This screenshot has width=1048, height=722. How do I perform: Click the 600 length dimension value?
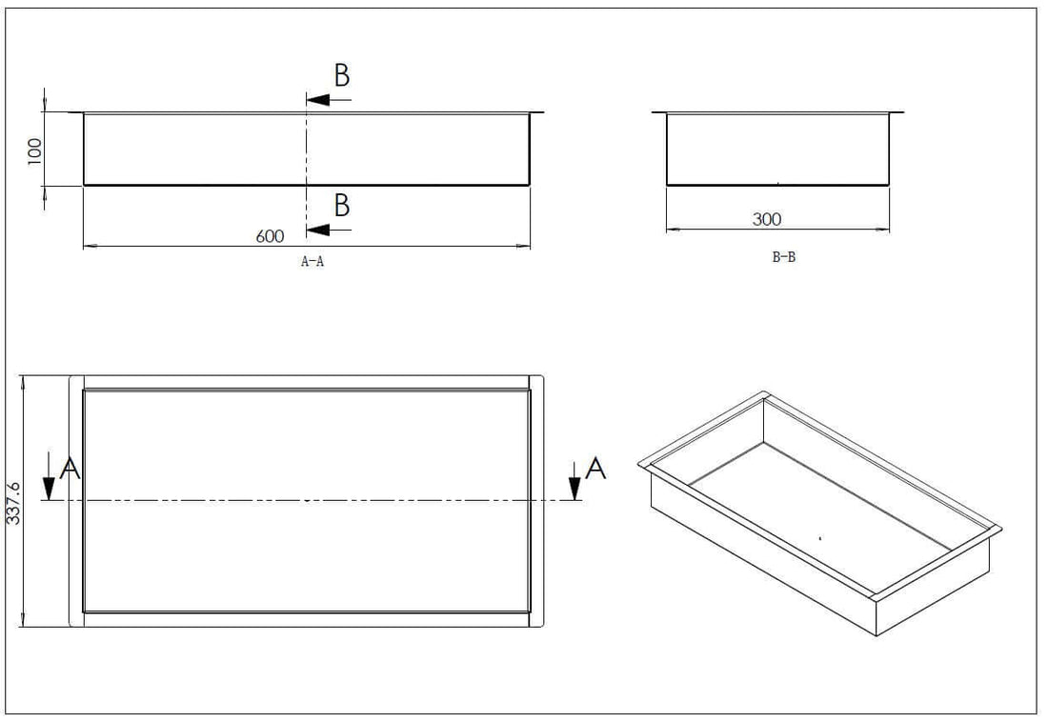(x=270, y=236)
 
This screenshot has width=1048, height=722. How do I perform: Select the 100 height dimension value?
(x=34, y=150)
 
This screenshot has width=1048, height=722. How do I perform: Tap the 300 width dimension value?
(x=766, y=219)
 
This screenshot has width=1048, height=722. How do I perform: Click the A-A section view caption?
(x=312, y=262)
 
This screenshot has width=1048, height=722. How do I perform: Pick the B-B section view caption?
(x=783, y=257)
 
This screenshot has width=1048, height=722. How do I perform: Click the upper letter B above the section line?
(x=341, y=77)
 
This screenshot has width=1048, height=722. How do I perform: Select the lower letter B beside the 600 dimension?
(x=341, y=205)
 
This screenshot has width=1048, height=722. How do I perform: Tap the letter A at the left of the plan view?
(x=69, y=468)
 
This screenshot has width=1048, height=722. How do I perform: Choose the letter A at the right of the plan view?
(x=595, y=468)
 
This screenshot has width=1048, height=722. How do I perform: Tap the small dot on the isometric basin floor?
(x=820, y=538)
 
